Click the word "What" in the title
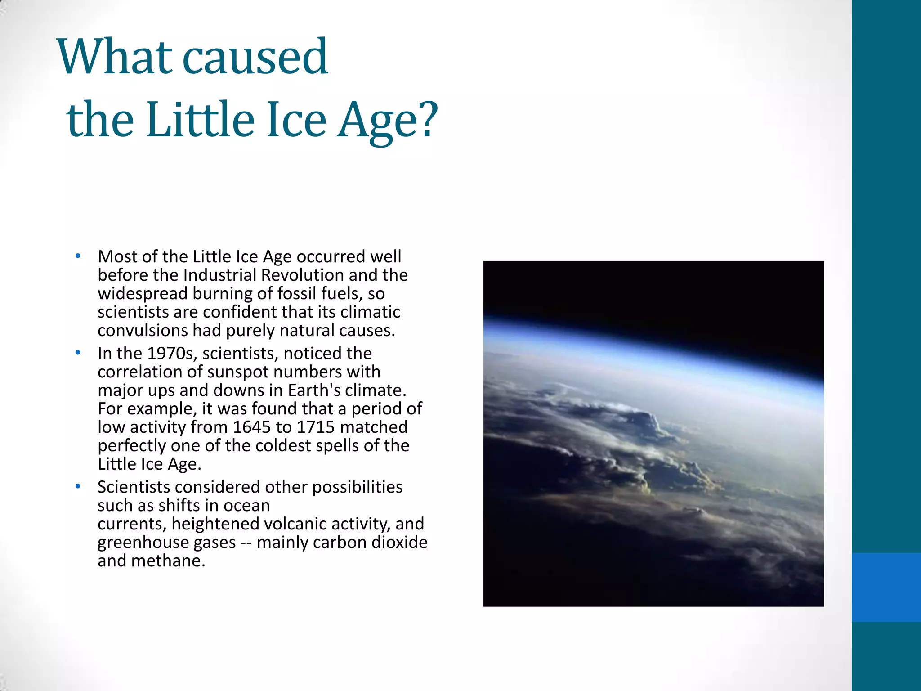(x=115, y=57)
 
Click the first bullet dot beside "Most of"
(x=78, y=256)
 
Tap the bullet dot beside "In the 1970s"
(x=78, y=353)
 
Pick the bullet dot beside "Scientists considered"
(x=78, y=486)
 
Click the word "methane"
(x=168, y=561)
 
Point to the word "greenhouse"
(x=143, y=543)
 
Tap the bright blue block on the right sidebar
(x=886, y=587)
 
